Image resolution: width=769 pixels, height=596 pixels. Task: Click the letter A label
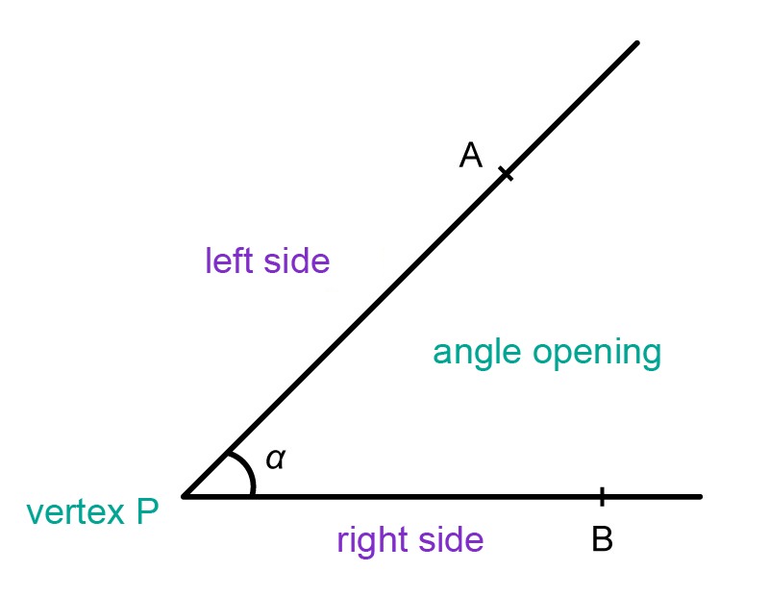(x=470, y=155)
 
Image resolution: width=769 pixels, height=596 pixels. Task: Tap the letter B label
(x=603, y=538)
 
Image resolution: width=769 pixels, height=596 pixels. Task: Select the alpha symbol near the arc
(x=275, y=459)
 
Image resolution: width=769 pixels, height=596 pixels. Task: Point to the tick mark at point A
(x=507, y=174)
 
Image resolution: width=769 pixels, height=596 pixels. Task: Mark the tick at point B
(x=603, y=496)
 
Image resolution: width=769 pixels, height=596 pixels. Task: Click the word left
(x=230, y=260)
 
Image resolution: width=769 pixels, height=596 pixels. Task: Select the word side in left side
(x=297, y=260)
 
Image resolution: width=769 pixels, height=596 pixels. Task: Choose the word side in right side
(x=450, y=539)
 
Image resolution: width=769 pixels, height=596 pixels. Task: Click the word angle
(x=476, y=354)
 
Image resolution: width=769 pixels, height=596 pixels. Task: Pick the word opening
(x=597, y=354)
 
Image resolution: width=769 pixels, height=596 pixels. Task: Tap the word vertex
(x=76, y=512)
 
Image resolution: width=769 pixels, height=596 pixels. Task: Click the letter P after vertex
(x=147, y=511)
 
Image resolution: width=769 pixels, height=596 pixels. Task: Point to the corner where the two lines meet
(x=184, y=496)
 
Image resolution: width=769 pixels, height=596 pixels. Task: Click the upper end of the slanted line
(x=637, y=43)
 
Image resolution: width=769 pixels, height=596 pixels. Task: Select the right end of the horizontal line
(x=701, y=497)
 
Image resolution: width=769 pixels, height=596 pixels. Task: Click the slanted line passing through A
(x=410, y=270)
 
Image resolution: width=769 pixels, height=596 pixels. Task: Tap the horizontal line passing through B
(x=442, y=497)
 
